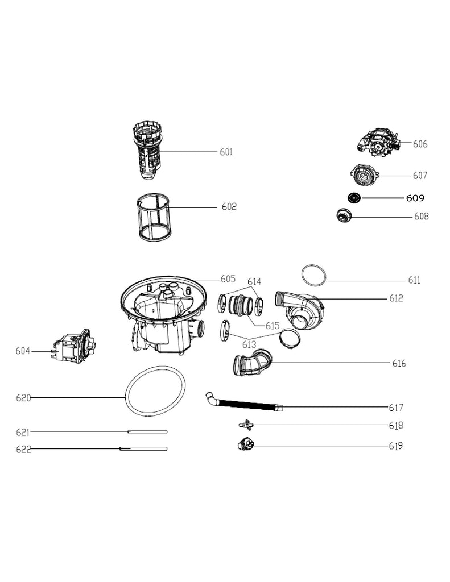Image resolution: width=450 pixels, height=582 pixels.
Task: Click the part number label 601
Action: coord(226,152)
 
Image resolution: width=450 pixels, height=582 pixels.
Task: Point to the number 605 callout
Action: coord(228,278)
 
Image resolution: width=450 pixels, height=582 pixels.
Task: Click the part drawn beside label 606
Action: coord(378,142)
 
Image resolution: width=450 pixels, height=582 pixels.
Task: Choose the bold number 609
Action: coord(415,198)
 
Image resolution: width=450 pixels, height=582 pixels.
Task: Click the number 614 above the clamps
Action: coord(254,282)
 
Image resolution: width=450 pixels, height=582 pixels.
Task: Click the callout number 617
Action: coord(396,408)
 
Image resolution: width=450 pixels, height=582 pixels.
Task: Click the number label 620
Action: coord(23,398)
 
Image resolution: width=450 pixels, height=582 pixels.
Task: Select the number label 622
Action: coord(23,449)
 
